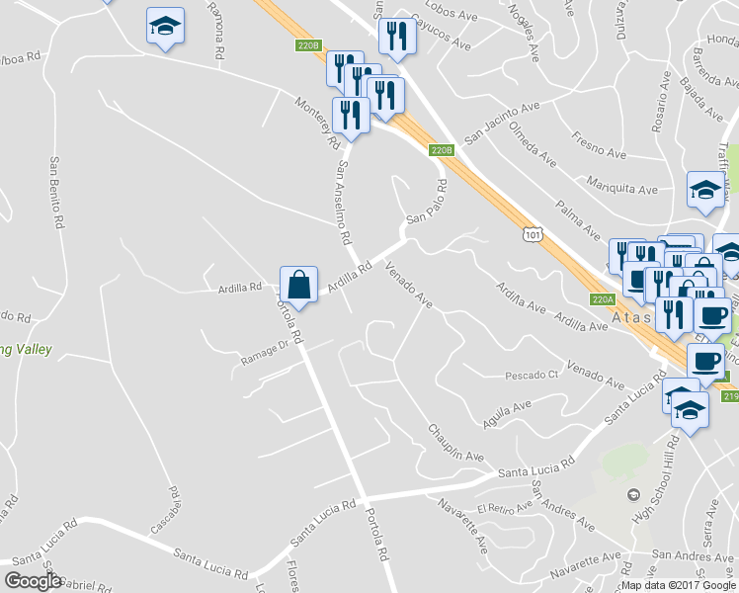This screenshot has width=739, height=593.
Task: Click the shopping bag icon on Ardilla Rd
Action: pos(298,285)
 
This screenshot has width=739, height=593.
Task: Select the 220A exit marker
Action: pos(604,298)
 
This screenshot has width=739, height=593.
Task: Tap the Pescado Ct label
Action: pos(532,376)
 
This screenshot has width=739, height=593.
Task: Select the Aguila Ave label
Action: pos(507,412)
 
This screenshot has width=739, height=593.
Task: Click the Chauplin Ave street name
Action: pos(455,443)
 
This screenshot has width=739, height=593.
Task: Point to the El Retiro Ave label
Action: pos(503,508)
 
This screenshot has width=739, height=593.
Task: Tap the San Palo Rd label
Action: pos(426,202)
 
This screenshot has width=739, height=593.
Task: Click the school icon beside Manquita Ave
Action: pos(705,192)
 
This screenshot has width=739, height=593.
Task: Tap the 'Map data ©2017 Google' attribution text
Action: pos(679,584)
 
